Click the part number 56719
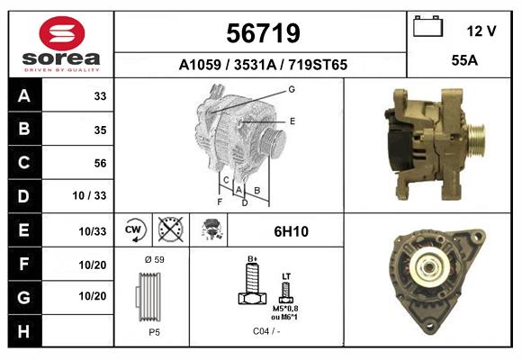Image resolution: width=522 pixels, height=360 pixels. point(261,33)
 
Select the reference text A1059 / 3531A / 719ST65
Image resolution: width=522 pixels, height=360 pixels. point(261,65)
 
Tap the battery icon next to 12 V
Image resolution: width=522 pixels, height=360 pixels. point(428,28)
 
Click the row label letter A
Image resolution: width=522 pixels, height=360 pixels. point(24,96)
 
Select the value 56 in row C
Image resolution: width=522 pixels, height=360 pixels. point(100,163)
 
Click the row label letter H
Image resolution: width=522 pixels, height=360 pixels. point(24,329)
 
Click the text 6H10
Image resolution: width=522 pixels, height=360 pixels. point(290,231)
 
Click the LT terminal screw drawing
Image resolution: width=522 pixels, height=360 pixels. point(287,290)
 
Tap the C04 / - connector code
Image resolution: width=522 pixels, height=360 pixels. point(266,331)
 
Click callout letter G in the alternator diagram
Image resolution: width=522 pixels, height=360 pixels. point(292,89)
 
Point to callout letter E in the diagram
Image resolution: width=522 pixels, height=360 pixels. point(292,120)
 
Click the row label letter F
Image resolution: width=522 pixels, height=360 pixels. point(24,264)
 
